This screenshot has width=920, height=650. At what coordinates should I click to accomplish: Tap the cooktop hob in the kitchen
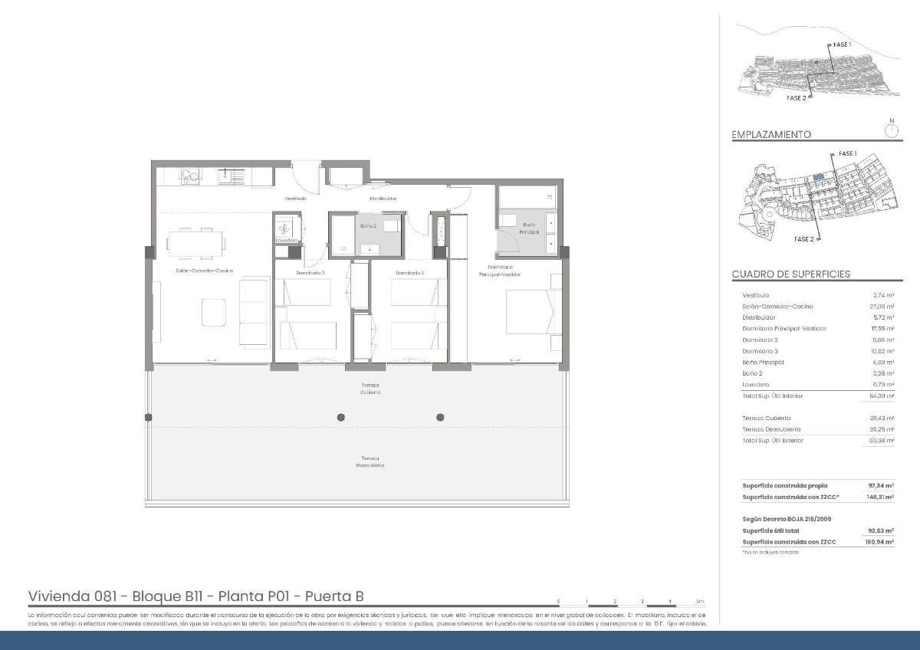click(x=189, y=177)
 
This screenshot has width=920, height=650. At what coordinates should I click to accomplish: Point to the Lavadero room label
click(x=286, y=241)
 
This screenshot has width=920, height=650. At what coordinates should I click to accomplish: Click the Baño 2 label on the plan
click(x=368, y=225)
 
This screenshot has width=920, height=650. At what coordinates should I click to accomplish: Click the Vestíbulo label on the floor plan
click(x=296, y=199)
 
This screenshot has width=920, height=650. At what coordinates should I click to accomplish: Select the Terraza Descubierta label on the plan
click(x=370, y=462)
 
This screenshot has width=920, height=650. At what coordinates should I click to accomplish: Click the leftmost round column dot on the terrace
click(x=149, y=417)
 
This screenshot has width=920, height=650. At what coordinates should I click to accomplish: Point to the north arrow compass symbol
click(x=891, y=130)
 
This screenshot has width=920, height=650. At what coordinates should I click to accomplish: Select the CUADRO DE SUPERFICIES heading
click(x=790, y=274)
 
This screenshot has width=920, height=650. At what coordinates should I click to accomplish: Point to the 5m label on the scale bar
click(x=698, y=601)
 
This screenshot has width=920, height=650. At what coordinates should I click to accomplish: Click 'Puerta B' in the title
click(x=337, y=596)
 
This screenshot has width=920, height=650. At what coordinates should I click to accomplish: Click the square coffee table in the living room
click(x=214, y=311)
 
